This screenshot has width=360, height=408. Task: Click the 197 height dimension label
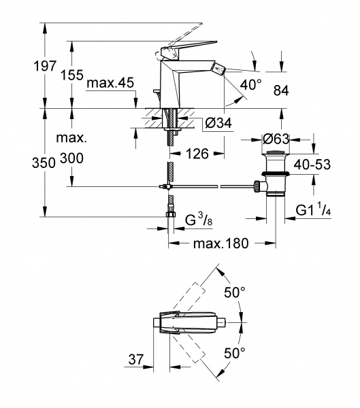pyautogui.click(x=45, y=66)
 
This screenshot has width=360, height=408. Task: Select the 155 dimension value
pyautogui.click(x=72, y=75)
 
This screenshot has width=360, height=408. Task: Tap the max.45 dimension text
pyautogui.click(x=110, y=83)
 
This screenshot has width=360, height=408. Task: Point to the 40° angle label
pyautogui.click(x=250, y=84)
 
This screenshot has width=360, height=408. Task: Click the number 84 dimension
pyautogui.click(x=281, y=91)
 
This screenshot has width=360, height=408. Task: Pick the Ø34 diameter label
pyautogui.click(x=218, y=122)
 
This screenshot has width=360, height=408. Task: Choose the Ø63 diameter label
pyautogui.click(x=276, y=139)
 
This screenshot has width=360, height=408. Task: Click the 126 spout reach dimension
pyautogui.click(x=197, y=154)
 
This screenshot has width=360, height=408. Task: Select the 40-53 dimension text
pyautogui.click(x=312, y=165)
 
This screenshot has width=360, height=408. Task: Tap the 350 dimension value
pyautogui.click(x=44, y=163)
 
